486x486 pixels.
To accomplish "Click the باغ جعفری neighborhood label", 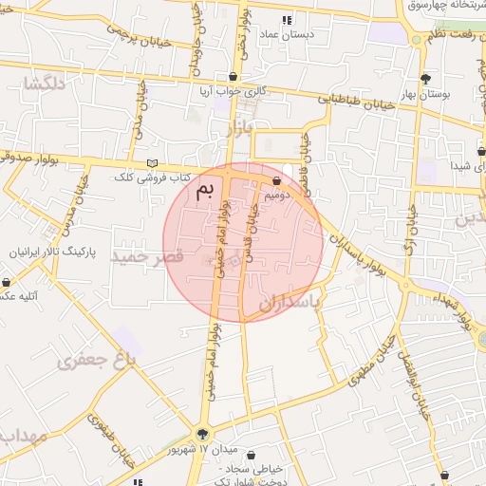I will tap(97, 359).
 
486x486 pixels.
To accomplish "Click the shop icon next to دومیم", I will tap(276, 180).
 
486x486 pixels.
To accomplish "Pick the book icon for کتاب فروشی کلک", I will tap(153, 163).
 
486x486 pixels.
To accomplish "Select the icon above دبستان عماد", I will tap(287, 20).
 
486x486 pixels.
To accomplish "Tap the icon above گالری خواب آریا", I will tap(233, 77).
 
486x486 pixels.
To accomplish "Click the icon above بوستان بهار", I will tap(424, 79).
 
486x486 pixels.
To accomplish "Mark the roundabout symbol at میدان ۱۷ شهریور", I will tap(201, 433).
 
